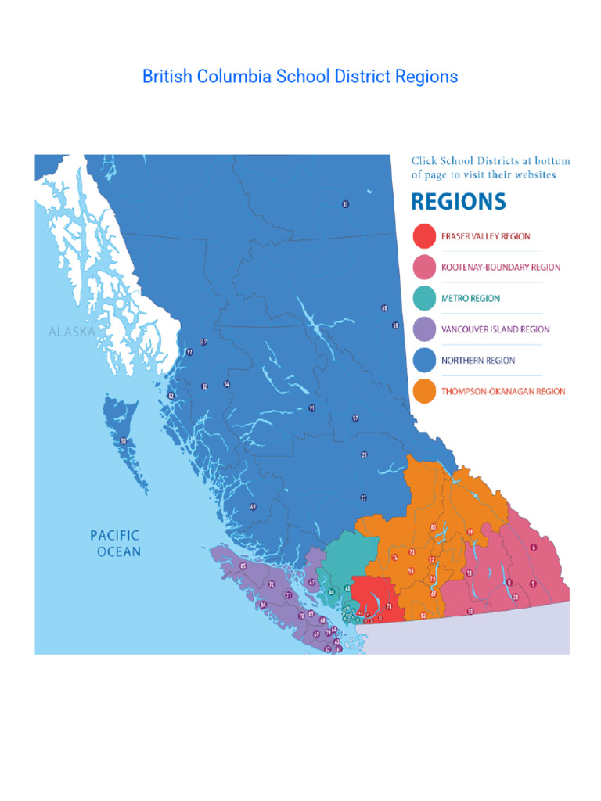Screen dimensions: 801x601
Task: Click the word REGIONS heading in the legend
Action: click(459, 202)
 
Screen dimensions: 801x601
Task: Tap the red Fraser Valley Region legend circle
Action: click(424, 235)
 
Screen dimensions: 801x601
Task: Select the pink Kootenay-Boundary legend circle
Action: click(424, 267)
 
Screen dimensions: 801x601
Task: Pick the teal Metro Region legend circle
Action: click(424, 298)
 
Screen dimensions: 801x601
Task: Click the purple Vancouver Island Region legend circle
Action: click(424, 329)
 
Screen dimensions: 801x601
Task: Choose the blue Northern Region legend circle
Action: click(424, 361)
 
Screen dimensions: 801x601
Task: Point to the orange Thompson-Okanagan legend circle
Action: click(424, 391)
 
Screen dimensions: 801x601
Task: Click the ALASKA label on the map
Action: click(72, 332)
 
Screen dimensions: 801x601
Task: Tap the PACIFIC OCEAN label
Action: click(115, 544)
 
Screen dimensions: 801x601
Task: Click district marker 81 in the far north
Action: click(345, 204)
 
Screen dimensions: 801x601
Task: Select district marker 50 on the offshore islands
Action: click(123, 442)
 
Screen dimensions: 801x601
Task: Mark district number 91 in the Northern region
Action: click(312, 408)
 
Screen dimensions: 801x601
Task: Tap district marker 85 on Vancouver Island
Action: click(243, 566)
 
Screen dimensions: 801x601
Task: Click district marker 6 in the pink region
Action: click(534, 547)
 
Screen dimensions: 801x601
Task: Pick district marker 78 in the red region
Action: click(389, 606)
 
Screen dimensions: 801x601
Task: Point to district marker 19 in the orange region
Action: click(470, 533)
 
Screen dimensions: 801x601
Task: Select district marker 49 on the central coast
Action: click(253, 507)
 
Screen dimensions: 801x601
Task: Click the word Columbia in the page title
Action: click(236, 77)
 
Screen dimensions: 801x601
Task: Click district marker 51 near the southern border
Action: click(470, 611)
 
